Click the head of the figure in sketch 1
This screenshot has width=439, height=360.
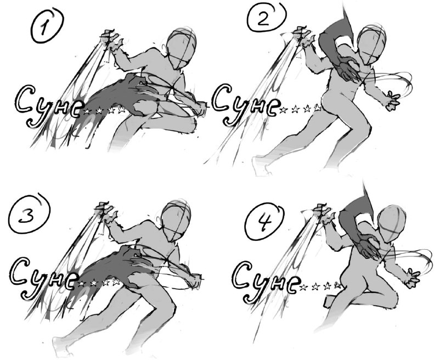(x=182, y=48)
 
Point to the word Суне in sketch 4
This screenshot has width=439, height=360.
(x=266, y=281)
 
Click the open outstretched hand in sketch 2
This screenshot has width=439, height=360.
(x=392, y=100)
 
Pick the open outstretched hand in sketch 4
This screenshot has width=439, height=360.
(x=412, y=278)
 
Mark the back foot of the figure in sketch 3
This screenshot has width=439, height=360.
(x=61, y=346)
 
